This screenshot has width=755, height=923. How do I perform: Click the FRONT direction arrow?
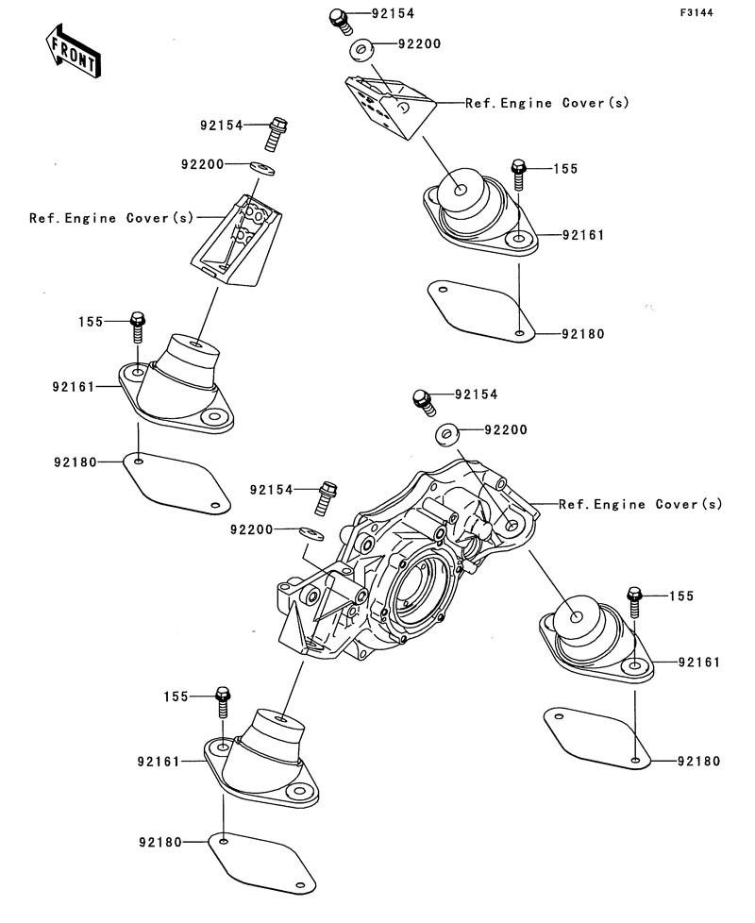tap(73, 52)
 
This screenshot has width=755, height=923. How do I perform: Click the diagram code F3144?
tap(696, 12)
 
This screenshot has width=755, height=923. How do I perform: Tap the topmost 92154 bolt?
tap(339, 21)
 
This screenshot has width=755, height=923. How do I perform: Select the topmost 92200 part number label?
tap(419, 44)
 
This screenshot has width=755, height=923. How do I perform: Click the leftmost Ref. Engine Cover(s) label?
tap(111, 218)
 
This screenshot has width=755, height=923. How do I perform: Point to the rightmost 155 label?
tap(681, 596)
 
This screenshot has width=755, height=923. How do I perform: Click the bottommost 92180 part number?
tap(160, 843)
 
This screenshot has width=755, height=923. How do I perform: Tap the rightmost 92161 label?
tap(699, 663)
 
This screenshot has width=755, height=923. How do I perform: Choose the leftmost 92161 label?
tap(74, 387)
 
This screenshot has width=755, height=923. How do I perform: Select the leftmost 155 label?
tap(91, 322)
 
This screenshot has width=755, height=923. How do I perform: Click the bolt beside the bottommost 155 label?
tap(223, 701)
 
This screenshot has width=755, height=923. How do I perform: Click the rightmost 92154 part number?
tap(476, 394)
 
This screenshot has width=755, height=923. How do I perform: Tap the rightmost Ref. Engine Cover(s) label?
tap(640, 504)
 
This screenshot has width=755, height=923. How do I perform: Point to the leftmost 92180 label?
tap(75, 462)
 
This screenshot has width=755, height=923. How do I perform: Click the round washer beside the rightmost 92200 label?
tap(447, 434)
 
